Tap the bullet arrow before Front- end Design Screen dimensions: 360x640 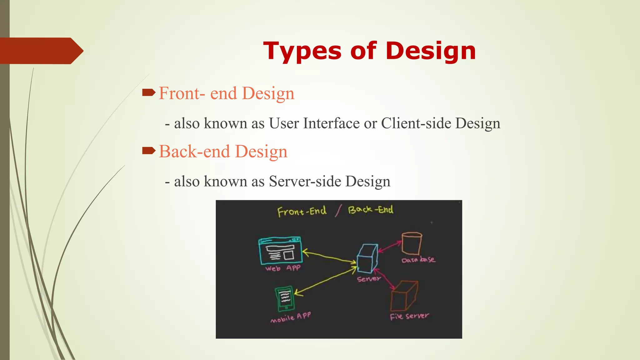[x=149, y=92]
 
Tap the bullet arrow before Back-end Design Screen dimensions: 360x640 [x=149, y=151]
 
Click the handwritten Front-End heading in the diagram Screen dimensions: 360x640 [x=302, y=212]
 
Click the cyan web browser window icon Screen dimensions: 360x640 [x=280, y=251]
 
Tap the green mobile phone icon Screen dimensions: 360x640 [x=284, y=299]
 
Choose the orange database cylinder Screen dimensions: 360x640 [x=412, y=243]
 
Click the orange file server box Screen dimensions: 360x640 [x=404, y=296]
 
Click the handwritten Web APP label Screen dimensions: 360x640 [x=283, y=268]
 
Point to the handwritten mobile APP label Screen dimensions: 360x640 [x=291, y=317]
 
